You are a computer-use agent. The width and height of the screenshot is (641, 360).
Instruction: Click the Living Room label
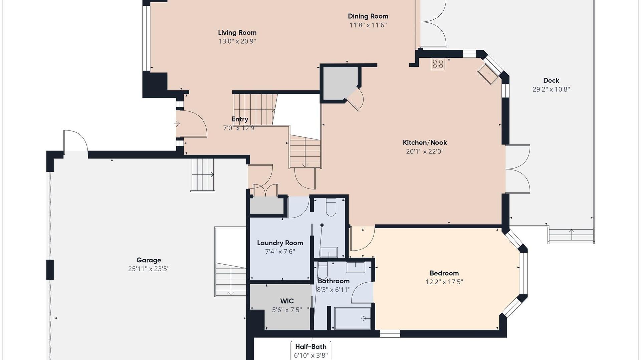[237, 32]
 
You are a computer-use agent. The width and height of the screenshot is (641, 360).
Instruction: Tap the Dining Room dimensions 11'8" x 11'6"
[368, 25]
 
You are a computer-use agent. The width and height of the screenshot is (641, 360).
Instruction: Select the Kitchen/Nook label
[425, 142]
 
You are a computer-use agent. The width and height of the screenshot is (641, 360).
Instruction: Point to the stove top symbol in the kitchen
[438, 64]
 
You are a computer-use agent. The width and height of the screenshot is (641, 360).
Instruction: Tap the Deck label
[551, 80]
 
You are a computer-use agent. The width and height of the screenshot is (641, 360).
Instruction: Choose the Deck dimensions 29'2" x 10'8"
[551, 89]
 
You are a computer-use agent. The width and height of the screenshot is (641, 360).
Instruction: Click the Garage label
[149, 260]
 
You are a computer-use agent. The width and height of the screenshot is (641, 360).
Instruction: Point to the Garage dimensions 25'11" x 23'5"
[149, 269]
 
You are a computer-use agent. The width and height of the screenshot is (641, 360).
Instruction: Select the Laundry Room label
[280, 243]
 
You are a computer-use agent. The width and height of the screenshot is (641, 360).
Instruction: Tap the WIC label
[287, 301]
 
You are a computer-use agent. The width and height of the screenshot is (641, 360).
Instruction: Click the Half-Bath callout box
[310, 350]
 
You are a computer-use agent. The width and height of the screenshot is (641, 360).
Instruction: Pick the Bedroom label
[444, 273]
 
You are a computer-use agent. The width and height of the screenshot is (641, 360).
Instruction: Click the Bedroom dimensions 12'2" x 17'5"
[444, 282]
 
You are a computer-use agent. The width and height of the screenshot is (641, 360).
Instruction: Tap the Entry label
[240, 119]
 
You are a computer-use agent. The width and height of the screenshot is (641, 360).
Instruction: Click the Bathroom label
[334, 281]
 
